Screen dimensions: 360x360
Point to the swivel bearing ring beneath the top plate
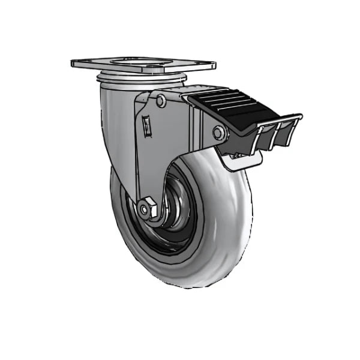[141, 79]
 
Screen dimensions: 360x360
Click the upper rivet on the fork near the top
[160, 101]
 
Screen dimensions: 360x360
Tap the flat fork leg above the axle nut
[150, 162]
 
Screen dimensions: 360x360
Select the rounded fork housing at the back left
[114, 120]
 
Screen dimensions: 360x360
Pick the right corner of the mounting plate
[212, 62]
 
